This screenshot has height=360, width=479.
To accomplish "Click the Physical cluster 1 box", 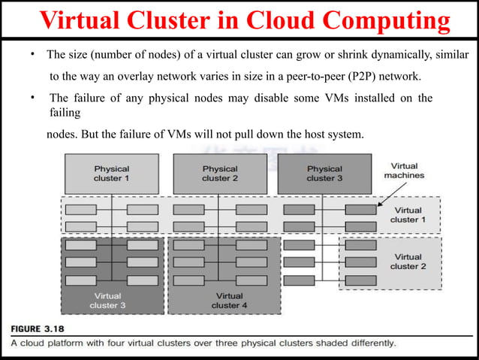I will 111,174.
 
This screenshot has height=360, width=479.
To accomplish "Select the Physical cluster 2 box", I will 219,174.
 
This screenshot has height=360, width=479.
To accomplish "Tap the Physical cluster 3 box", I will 324,174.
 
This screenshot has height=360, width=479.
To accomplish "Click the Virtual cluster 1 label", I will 408,215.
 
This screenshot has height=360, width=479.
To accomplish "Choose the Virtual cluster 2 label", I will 408,262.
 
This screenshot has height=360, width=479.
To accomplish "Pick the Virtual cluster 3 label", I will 108,300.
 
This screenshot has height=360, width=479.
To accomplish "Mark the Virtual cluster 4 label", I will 225,300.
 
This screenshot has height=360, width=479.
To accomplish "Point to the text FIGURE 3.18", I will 45,328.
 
